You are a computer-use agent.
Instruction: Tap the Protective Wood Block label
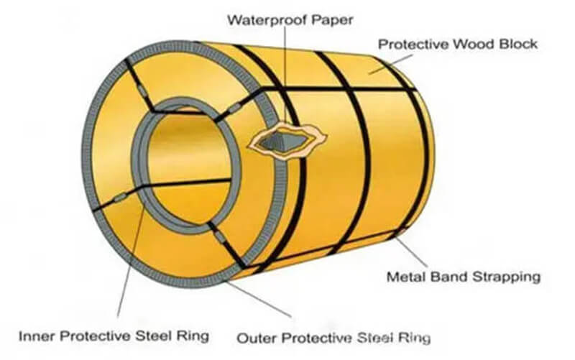pos(457,45)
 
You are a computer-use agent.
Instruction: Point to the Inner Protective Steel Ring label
pos(114,335)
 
